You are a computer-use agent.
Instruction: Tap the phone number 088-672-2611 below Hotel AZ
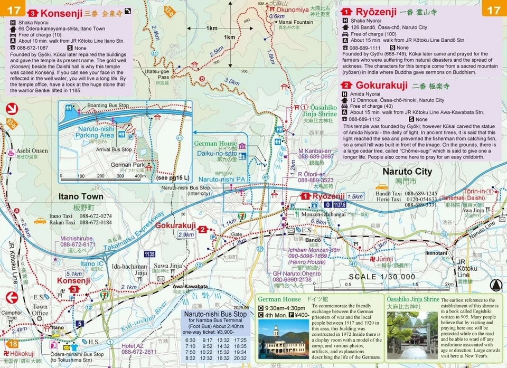[x=139, y=352]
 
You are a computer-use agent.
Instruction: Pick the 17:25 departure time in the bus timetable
[x=239, y=340]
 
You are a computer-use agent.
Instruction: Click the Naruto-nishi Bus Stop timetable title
[x=215, y=314]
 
